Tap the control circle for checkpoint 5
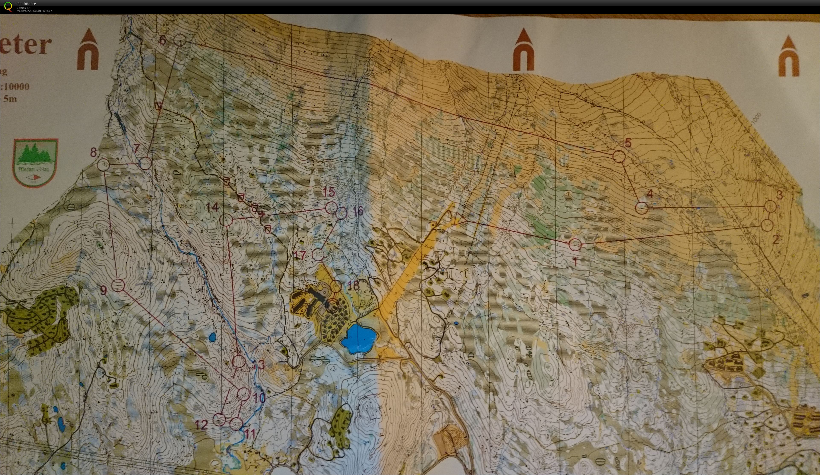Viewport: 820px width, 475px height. [x=619, y=156]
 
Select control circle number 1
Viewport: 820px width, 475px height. [x=575, y=244]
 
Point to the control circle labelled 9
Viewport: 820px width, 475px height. [x=118, y=285]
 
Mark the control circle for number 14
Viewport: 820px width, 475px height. [x=226, y=220]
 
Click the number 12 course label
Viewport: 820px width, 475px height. [x=201, y=425]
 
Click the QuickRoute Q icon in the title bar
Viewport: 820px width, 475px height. [x=8, y=6]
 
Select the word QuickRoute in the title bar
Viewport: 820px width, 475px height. [x=26, y=4]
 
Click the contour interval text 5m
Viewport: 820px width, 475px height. [x=10, y=99]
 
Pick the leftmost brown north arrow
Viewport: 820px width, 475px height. [x=88, y=49]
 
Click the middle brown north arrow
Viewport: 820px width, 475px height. [x=523, y=49]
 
